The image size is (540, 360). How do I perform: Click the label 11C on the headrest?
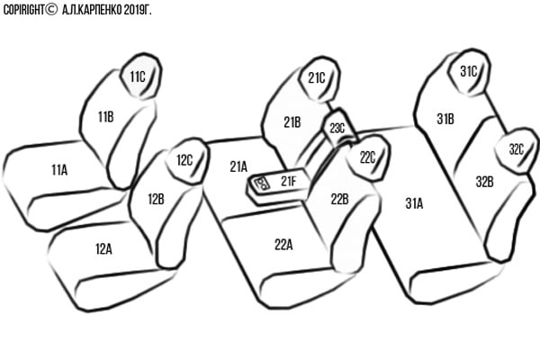pos(137,77)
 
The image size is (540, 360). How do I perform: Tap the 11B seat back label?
pos(106,115)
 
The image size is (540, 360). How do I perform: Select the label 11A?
pos(59,168)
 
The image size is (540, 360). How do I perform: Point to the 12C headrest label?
pos(184,160)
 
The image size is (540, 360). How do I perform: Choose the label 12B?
pos(155,199)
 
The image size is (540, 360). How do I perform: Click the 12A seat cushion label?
pos(103,248)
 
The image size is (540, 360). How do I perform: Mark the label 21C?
pos(316,78)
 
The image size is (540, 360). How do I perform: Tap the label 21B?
pos(292,122)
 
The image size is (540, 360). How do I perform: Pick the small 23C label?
pos(337,129)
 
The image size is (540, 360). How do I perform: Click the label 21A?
pos(238,166)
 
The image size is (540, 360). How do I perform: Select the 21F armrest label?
pos(288,182)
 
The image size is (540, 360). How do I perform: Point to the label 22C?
pos(367,157)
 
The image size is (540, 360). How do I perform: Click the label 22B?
pos(339,199)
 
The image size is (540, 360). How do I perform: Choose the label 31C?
pos(468,70)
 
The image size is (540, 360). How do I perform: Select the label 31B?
pos(445,118)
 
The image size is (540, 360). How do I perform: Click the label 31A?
pos(414,203)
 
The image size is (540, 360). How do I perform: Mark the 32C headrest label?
pos(516,149)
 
